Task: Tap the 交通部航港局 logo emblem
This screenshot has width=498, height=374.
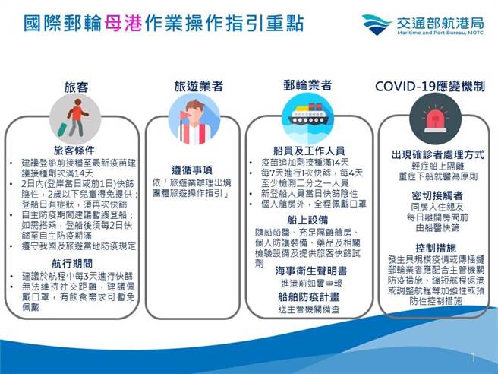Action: [377, 23]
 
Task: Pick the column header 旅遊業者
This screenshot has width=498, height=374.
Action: [198, 86]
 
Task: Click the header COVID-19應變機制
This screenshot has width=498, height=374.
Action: [430, 86]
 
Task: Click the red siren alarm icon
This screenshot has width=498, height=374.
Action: [430, 120]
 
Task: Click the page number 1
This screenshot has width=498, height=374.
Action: [474, 357]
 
